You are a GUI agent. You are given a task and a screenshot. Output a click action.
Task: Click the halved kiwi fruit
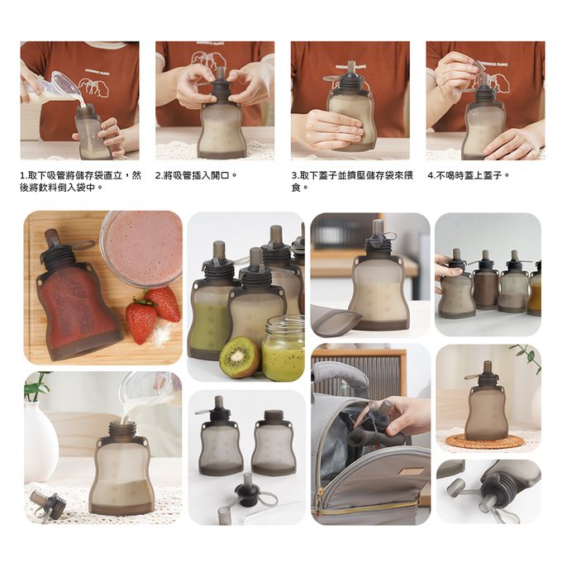pos(240,357)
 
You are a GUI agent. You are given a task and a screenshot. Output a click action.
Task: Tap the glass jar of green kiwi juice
pos(283,349)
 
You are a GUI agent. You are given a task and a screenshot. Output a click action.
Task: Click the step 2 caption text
pos(197,175)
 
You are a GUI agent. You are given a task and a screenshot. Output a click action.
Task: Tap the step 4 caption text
pos(469,175)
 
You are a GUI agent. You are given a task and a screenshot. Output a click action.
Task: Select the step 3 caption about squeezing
pos(352,181)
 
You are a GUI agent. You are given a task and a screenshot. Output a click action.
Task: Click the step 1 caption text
pos(81,181)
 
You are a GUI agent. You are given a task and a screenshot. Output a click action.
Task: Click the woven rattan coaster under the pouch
pos(484,441)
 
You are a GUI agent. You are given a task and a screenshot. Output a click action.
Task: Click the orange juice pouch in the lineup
pos(535,290)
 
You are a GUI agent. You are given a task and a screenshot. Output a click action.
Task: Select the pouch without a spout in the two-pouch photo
pos(273,443)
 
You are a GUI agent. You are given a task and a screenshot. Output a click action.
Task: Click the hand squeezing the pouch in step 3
pos(333,129)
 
